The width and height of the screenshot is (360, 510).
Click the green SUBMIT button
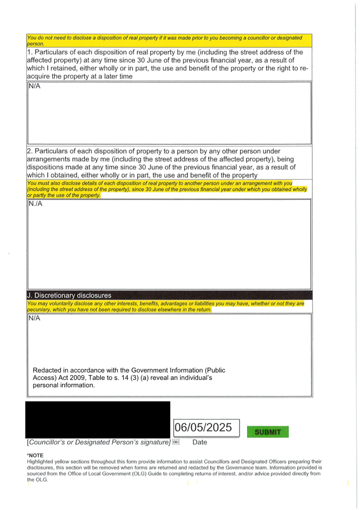point(268,432)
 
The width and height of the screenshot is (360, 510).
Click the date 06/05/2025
point(203,427)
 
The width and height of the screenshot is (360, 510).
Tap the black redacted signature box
point(98,420)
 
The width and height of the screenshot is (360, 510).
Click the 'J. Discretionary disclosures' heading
point(69,296)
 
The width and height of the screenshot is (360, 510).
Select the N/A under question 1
point(34,86)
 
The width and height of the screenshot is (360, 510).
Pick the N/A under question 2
point(36,203)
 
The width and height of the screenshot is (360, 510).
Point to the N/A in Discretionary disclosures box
point(34,318)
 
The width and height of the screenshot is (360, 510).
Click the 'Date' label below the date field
point(199,443)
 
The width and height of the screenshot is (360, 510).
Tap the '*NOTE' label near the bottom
point(35,455)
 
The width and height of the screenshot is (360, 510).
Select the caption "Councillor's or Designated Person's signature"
point(99,443)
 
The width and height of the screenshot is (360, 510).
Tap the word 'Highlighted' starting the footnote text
point(40,461)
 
